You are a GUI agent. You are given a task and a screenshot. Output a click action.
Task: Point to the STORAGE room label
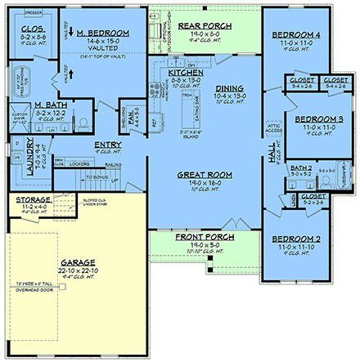point(33,199)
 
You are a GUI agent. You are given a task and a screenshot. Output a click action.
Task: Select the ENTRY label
point(108,145)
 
